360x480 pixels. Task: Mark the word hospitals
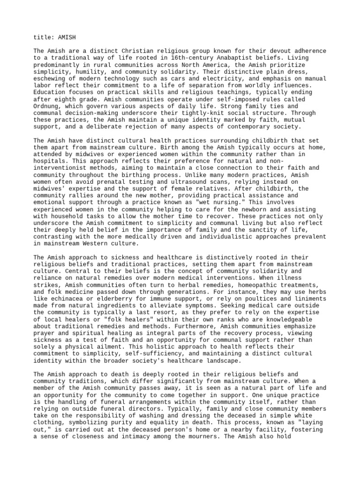point(51,161)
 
